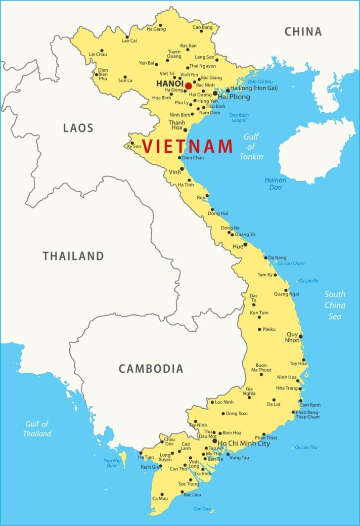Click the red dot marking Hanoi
(189, 85)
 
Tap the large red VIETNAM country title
(187, 146)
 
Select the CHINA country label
(303, 32)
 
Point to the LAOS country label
(78, 128)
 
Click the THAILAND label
(73, 256)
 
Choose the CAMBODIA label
(151, 369)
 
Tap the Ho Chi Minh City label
(244, 444)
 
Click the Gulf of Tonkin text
(251, 146)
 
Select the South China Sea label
(335, 305)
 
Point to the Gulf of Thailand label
(37, 429)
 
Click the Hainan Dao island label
(275, 184)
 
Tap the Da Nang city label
(277, 258)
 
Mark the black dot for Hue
(246, 245)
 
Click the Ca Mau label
(160, 498)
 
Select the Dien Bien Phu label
(103, 74)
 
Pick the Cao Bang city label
(202, 27)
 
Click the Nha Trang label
(287, 388)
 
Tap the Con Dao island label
(202, 509)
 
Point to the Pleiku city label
(269, 329)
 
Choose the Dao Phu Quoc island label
(112, 463)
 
